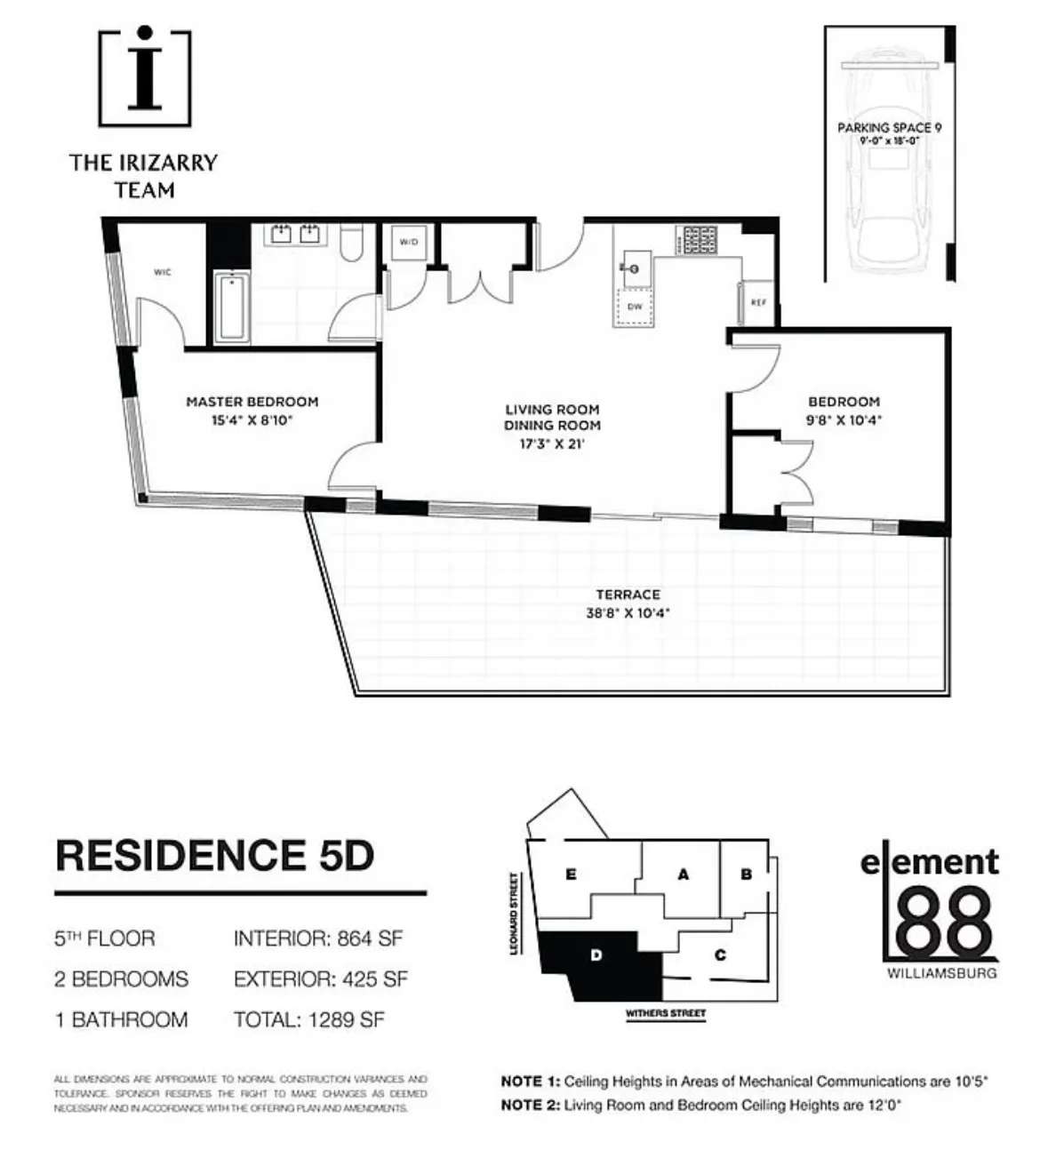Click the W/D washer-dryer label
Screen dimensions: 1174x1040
point(408,242)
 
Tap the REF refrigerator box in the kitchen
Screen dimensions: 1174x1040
point(757,303)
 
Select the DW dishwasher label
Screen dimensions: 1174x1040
point(635,307)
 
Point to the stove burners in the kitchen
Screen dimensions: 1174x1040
point(699,240)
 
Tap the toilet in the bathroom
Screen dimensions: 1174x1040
point(352,243)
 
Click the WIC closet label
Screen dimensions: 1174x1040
point(162,272)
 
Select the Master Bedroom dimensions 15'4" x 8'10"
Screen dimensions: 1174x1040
point(252,420)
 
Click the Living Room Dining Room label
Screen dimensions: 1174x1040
point(552,417)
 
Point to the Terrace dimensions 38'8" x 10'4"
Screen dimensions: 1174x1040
point(628,612)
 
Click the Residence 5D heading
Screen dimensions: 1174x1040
point(214,855)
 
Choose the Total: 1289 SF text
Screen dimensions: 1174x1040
point(308,1019)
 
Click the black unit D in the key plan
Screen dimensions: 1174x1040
point(604,964)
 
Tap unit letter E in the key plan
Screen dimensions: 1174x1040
point(571,875)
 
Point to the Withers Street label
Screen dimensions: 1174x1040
point(665,1013)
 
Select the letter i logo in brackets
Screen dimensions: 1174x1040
point(145,78)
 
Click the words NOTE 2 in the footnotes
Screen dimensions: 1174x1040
point(530,1106)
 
